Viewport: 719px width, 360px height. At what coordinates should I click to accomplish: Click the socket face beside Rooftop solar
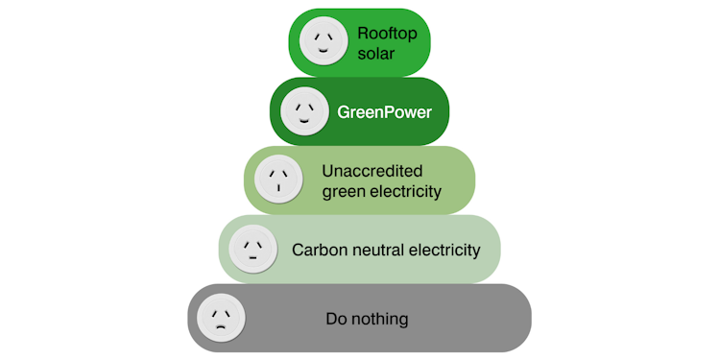324,40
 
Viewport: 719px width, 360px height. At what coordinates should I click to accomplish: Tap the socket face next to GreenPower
303,111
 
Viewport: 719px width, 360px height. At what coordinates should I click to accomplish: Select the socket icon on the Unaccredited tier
278,179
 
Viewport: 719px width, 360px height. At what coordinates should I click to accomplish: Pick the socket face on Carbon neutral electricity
252,250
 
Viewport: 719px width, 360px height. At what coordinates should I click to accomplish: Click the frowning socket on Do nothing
222,318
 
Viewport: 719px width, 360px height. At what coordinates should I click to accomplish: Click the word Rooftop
382,32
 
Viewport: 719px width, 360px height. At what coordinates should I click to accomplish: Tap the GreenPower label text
384,112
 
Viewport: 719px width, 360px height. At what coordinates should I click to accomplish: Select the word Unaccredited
371,171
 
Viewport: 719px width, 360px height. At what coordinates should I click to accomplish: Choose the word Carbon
316,251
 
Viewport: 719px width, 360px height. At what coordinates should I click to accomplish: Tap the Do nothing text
368,319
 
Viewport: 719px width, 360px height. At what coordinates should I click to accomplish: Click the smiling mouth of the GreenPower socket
303,122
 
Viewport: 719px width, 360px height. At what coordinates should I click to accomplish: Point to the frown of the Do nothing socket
222,327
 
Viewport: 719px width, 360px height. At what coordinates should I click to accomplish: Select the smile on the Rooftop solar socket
324,51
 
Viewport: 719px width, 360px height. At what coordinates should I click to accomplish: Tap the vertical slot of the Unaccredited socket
278,188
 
